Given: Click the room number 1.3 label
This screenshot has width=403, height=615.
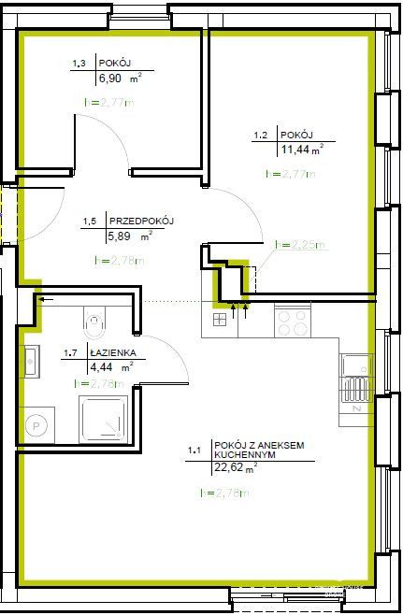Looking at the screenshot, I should tap(79, 64).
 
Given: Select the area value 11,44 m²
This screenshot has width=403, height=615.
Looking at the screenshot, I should tap(300, 150).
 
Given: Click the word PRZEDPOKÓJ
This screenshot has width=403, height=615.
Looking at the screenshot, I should tap(142, 221).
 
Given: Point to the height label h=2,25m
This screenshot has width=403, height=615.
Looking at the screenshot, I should tap(299, 245).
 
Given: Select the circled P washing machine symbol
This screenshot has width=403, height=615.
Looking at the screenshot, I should tap(37, 425).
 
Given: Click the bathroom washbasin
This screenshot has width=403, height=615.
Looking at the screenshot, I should tap(29, 361).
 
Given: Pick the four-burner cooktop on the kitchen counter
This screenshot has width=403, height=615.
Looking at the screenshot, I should tap(293, 322).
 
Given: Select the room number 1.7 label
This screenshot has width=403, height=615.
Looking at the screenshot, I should tap(69, 354).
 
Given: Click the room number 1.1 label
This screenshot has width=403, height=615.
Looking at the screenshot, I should tap(194, 451).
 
